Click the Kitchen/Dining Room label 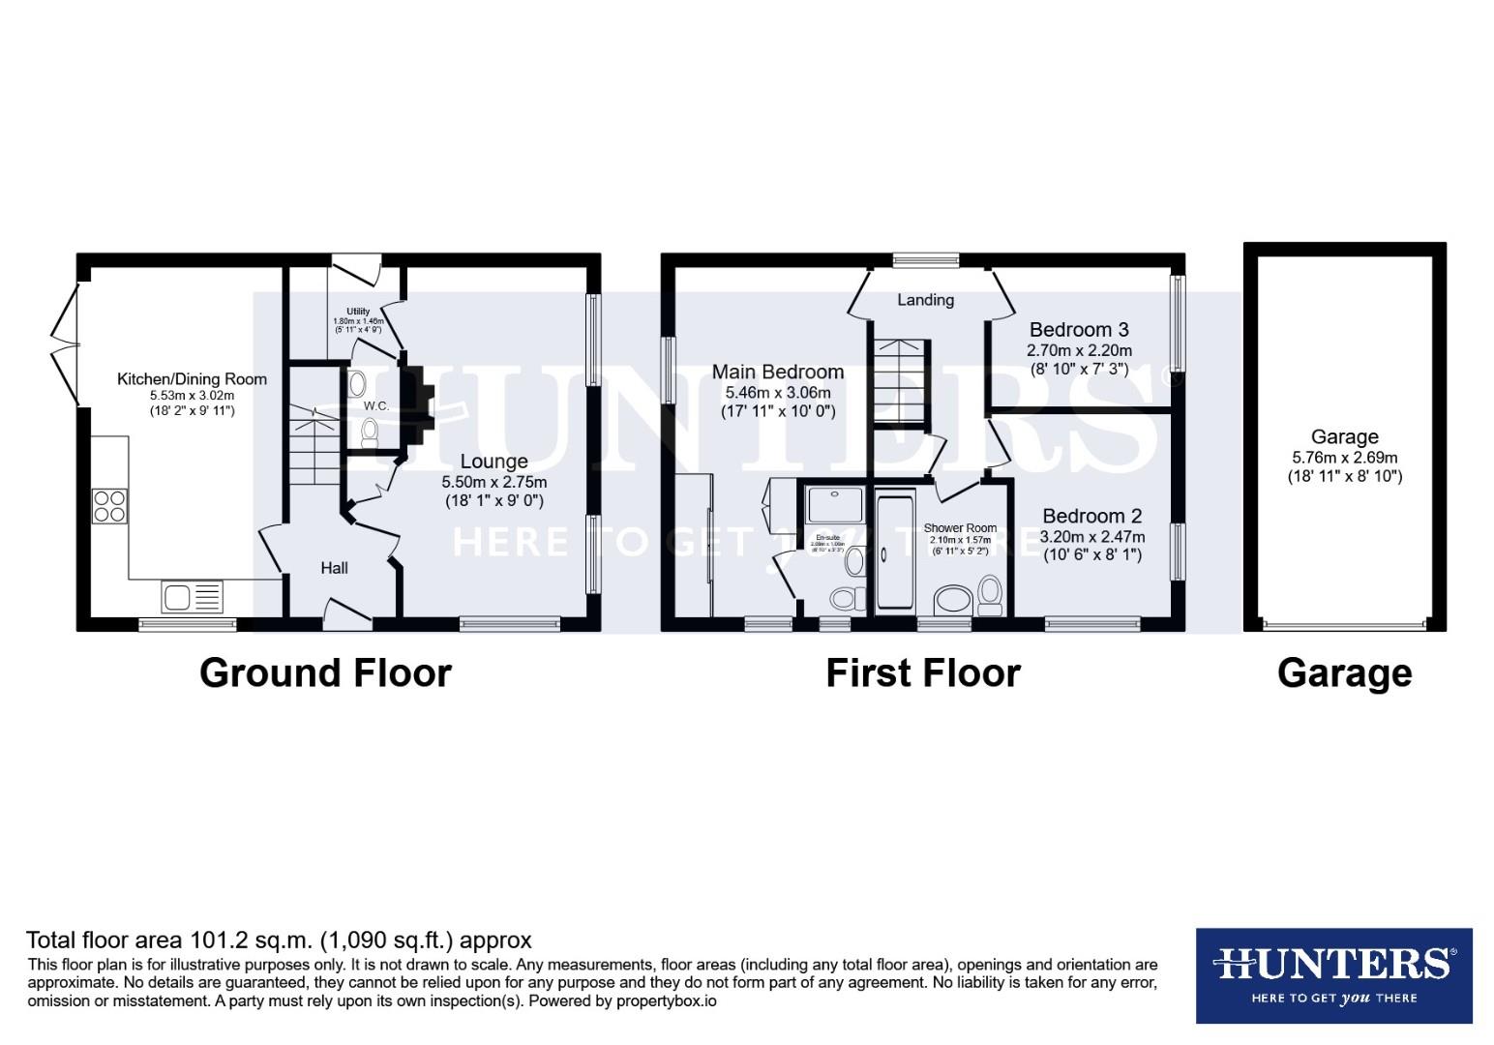[192, 379]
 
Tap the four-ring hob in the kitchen [109, 506]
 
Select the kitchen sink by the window [192, 596]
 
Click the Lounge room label [493, 463]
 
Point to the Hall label [334, 568]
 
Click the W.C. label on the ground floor [376, 406]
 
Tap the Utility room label [358, 312]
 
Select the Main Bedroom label [777, 373]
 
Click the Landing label [925, 300]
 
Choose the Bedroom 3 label [1079, 330]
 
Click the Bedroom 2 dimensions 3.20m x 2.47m [1091, 537]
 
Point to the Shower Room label [960, 528]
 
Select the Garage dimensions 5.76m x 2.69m [1344, 458]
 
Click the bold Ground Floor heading [325, 672]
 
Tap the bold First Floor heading [922, 672]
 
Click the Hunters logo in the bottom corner [1333, 974]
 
